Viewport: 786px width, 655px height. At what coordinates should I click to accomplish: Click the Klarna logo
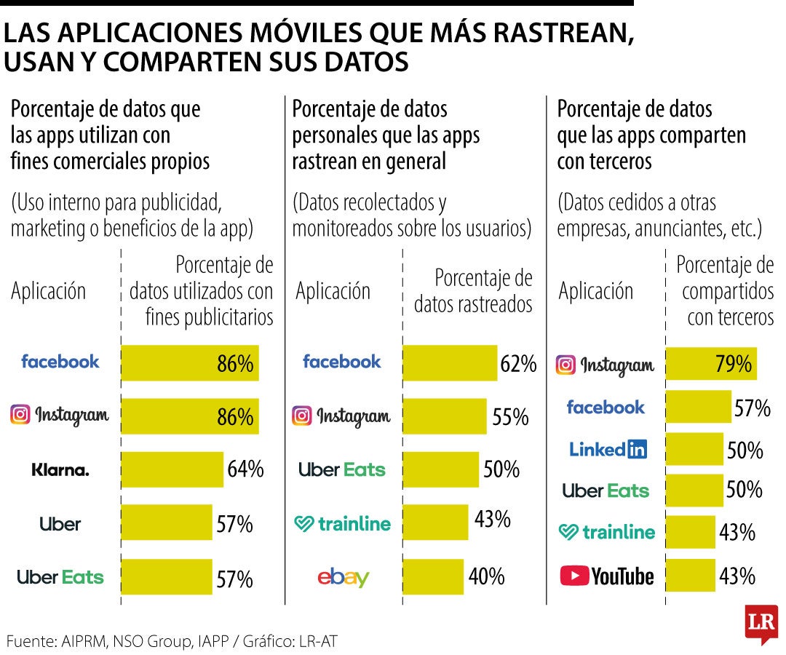tap(60, 470)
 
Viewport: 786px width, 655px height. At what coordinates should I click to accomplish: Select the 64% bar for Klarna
tap(172, 469)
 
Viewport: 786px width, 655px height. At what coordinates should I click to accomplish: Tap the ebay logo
tap(344, 578)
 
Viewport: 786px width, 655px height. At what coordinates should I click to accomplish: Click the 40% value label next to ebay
tap(486, 577)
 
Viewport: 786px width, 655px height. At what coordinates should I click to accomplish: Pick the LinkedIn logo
tap(608, 450)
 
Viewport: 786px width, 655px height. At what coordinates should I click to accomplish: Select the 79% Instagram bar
tap(711, 364)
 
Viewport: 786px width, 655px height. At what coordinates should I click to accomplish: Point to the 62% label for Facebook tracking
tap(518, 364)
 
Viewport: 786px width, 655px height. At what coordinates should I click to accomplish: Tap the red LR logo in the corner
tap(761, 624)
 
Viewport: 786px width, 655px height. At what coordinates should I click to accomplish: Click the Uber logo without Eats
tap(60, 524)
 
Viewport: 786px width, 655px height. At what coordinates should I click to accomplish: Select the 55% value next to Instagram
tap(510, 416)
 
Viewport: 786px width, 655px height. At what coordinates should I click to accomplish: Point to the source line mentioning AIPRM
tap(172, 641)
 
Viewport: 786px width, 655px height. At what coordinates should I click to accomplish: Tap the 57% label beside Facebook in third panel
tap(752, 408)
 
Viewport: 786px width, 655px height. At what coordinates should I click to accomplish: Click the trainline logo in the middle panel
tap(342, 524)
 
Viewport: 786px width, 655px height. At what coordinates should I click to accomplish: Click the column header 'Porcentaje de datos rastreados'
tap(473, 291)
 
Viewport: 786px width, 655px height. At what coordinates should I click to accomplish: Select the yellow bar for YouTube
tap(691, 575)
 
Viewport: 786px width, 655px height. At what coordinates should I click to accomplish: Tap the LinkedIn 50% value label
tap(745, 450)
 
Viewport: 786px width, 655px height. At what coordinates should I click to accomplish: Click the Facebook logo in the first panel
tap(60, 362)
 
